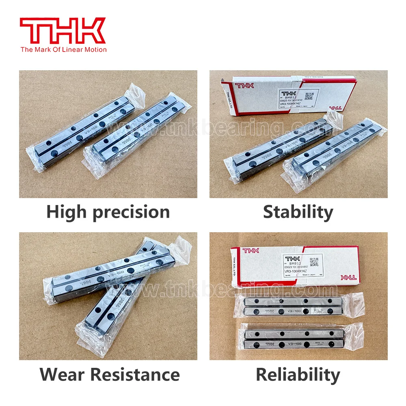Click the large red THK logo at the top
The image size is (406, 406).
pyautogui.click(x=63, y=31)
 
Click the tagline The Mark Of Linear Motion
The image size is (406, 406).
pyautogui.click(x=63, y=50)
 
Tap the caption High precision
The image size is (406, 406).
pyautogui.click(x=108, y=212)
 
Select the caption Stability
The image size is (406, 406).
pyautogui.click(x=298, y=212)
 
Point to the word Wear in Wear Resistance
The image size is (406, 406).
pyautogui.click(x=64, y=374)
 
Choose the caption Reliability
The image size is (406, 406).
pyautogui.click(x=298, y=375)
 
